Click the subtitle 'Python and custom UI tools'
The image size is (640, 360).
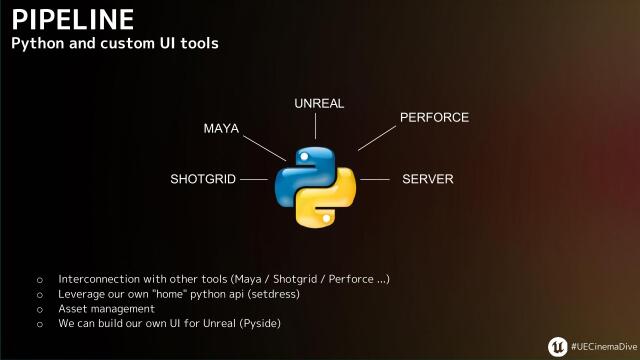pos(114,45)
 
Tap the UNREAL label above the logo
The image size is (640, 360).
pos(320,104)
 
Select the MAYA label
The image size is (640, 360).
pos(221,129)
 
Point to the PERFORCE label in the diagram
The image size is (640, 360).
pos(434,118)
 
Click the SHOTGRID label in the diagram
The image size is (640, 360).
pos(203,180)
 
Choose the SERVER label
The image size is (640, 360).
pos(428,180)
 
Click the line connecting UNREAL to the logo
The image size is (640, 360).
pos(316,126)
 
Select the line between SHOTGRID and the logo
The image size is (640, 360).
pos(255,180)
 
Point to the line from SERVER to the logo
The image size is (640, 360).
pos(374,180)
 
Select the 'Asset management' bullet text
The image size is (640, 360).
pos(106,309)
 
